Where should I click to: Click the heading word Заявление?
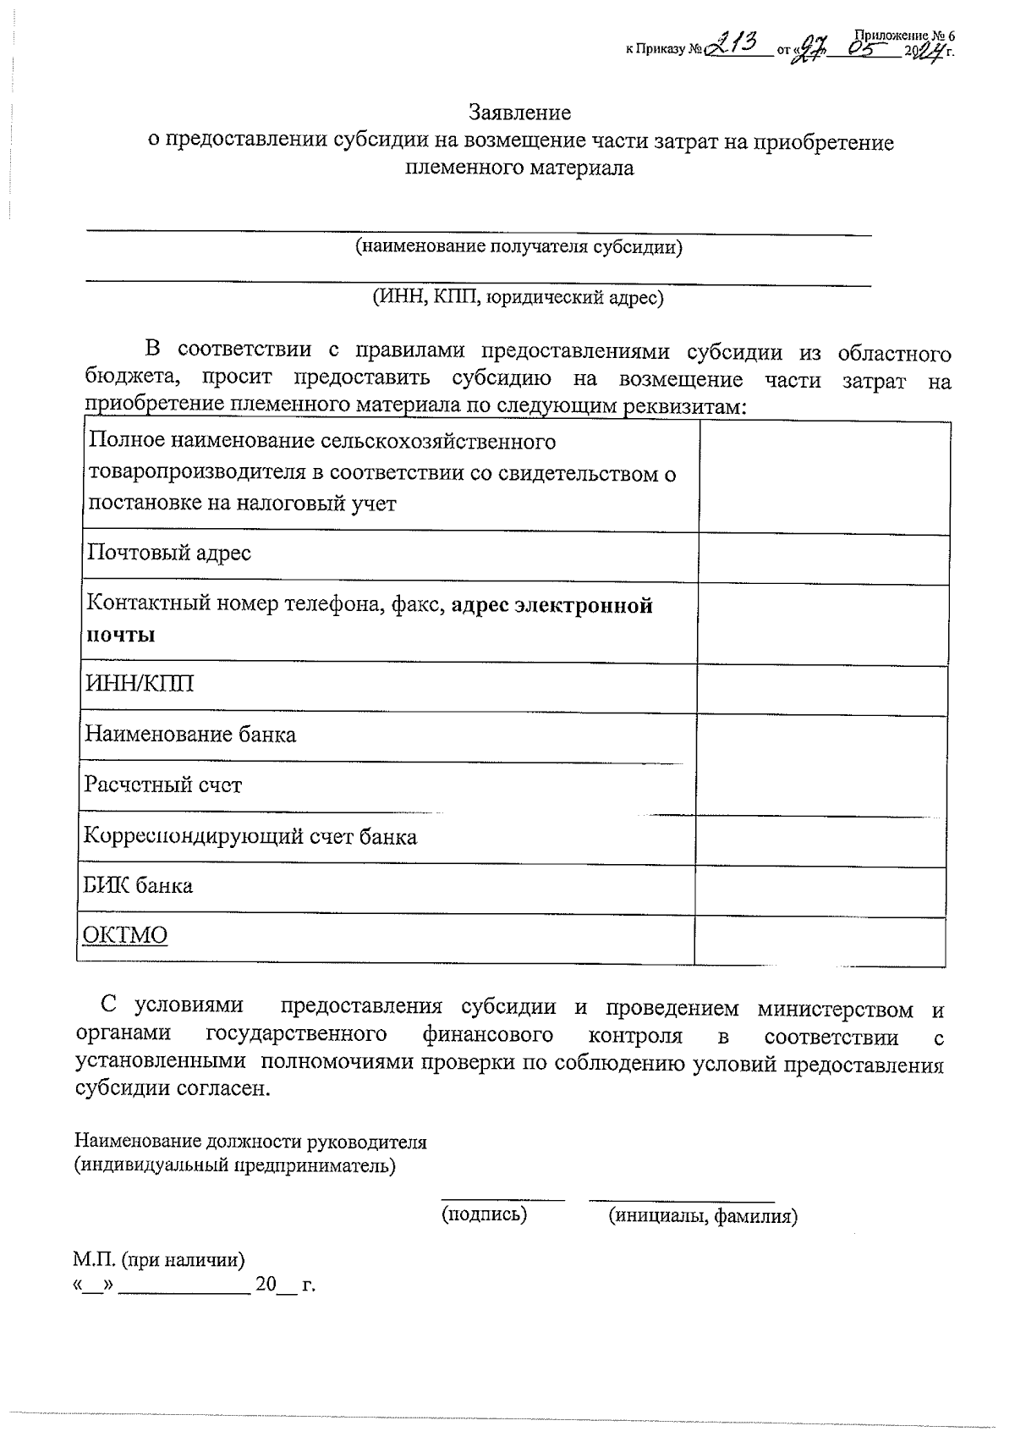[x=520, y=113]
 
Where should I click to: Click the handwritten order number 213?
[x=734, y=43]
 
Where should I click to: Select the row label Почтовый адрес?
[x=169, y=553]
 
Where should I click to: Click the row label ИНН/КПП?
[x=139, y=683]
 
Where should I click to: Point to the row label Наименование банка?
[x=190, y=734]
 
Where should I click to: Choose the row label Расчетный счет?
[x=163, y=785]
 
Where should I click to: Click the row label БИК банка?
[x=138, y=885]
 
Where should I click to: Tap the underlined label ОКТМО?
[x=124, y=934]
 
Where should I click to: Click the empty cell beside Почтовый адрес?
[x=823, y=559]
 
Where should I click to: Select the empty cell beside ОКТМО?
[x=819, y=941]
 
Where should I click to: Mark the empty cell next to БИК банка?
[x=819, y=891]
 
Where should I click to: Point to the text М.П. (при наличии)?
[x=159, y=1260]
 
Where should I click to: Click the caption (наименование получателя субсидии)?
[x=518, y=247]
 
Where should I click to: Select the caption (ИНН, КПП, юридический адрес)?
[x=518, y=297]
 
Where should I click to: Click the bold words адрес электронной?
[x=552, y=605]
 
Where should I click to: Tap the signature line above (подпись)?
[x=502, y=1198]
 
